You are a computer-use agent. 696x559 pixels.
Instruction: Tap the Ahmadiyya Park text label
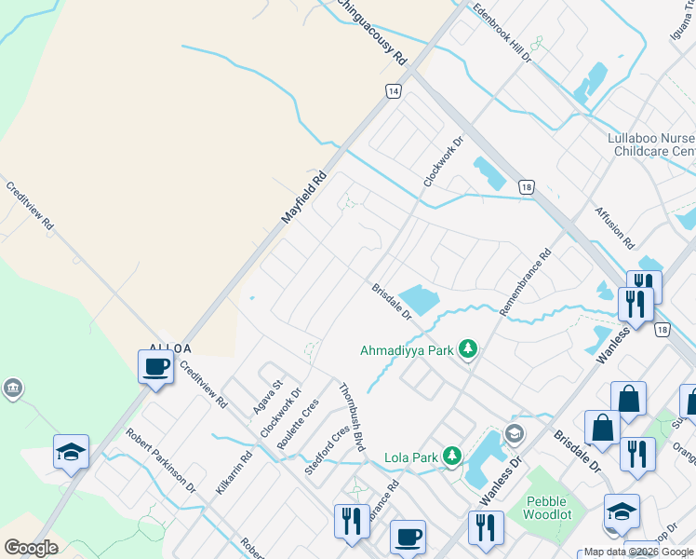tap(407, 351)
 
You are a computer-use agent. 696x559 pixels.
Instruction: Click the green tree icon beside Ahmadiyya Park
tap(468, 349)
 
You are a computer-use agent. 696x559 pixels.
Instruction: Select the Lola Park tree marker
tap(451, 456)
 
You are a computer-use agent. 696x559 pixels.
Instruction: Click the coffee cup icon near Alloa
tap(155, 367)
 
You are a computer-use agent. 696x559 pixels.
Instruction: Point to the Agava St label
tap(268, 398)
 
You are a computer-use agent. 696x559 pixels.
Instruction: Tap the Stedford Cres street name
tap(327, 449)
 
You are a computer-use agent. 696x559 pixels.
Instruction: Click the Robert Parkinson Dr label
tap(161, 460)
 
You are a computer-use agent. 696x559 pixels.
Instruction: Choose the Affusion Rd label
tap(614, 227)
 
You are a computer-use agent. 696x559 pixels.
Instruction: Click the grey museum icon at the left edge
tap(12, 389)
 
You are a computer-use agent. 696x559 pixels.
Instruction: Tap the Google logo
tap(31, 548)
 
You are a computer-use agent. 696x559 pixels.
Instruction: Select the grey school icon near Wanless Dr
tap(514, 433)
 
